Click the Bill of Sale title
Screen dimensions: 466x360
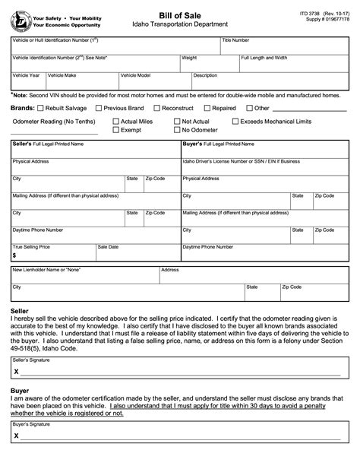(x=180, y=8)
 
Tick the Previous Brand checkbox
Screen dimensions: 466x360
(x=99, y=109)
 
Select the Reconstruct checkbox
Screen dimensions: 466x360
(x=158, y=109)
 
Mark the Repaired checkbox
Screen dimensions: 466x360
(x=207, y=109)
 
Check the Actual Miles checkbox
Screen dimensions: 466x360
(x=115, y=121)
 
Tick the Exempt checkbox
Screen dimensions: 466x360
(x=115, y=130)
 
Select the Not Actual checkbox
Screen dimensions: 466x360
(x=176, y=121)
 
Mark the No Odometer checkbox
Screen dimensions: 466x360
(x=176, y=130)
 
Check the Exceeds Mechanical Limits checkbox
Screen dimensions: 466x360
(x=235, y=121)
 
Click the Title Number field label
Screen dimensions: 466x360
(x=235, y=40)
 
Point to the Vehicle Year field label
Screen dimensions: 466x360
(x=27, y=75)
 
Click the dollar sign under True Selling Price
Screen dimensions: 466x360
(x=14, y=255)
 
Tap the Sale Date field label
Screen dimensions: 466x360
(x=108, y=247)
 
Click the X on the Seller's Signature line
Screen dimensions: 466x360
(x=16, y=372)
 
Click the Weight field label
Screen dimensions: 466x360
(x=189, y=58)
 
